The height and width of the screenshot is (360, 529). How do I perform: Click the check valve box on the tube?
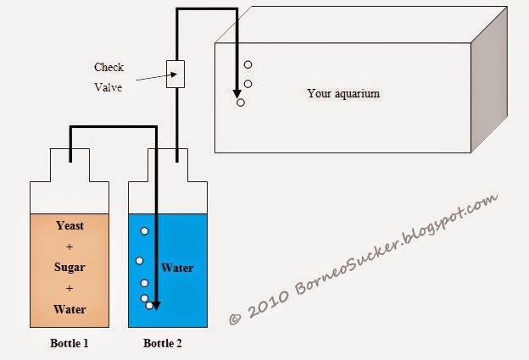(175, 75)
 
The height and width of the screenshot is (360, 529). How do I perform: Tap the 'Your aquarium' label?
(343, 93)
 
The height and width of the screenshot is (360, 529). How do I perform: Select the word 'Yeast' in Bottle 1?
(70, 226)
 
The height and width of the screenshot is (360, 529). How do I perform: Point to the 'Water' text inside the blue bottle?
(178, 269)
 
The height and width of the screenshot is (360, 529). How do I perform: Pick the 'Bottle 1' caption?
(70, 344)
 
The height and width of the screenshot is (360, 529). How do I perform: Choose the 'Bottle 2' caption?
(164, 344)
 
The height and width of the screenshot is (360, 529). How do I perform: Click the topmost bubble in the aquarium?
(248, 65)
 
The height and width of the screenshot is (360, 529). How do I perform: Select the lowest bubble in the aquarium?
(241, 102)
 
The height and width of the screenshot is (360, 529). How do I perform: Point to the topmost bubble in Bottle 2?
(145, 231)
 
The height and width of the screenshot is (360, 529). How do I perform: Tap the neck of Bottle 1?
(70, 167)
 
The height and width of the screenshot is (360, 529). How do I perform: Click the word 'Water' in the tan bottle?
(70, 309)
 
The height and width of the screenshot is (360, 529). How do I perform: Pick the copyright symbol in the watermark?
(236, 318)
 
